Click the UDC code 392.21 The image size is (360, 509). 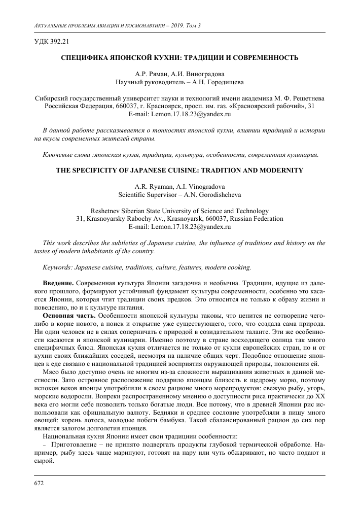click(53, 41)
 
